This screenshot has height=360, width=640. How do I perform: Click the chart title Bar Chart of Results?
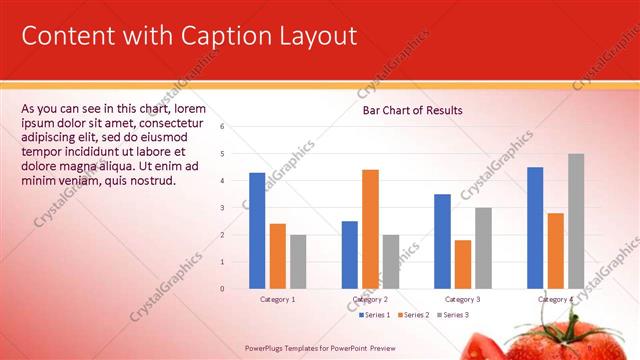click(x=412, y=110)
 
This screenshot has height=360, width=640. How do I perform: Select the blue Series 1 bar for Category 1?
click(x=257, y=231)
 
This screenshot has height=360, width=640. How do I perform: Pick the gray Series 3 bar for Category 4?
click(x=576, y=221)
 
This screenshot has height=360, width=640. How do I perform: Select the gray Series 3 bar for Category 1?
click(x=298, y=262)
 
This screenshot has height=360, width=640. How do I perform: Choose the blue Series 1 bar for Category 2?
click(x=350, y=255)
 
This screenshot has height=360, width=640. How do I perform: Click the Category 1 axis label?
click(x=277, y=299)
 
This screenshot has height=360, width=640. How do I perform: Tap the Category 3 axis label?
click(x=462, y=299)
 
